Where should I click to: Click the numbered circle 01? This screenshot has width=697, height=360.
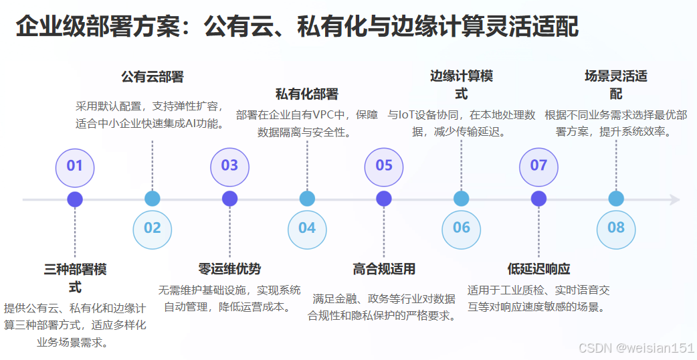75,165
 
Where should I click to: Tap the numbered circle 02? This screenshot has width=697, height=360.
153,228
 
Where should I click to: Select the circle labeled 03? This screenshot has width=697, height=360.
229,165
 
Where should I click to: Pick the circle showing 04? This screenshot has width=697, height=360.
307,228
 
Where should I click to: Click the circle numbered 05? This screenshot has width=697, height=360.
384,165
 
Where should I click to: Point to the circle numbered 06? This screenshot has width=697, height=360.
462,228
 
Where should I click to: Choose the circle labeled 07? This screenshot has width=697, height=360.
538,165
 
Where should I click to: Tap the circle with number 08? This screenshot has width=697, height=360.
616,228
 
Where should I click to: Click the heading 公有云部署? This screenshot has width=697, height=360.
153,77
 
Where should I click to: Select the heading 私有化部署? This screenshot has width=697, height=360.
307,94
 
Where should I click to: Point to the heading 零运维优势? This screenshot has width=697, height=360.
229,269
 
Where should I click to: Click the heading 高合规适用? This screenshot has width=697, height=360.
384,269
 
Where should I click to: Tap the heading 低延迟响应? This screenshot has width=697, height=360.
538,269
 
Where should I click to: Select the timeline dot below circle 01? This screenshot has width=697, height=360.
75,199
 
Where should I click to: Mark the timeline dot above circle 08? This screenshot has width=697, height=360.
616,199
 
